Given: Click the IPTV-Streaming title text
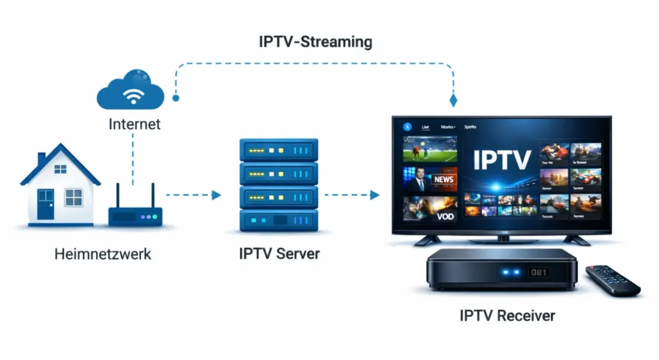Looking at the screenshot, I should (x=315, y=43).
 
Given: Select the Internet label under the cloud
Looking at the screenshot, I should (x=134, y=124).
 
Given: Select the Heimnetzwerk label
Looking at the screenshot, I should (x=103, y=254).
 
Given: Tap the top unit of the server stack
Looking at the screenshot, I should (x=278, y=151).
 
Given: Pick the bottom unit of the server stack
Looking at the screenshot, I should (x=278, y=220).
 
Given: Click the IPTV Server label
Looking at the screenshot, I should (x=279, y=254).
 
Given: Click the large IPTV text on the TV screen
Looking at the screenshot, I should (x=502, y=160).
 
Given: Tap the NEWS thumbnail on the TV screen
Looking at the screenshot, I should (x=430, y=179).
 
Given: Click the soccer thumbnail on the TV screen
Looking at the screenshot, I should (x=430, y=148).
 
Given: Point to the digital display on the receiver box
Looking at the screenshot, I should (x=538, y=272).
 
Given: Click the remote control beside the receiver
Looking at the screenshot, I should (x=613, y=281).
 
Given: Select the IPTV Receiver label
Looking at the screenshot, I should (x=507, y=316).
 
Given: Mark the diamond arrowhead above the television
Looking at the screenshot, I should (x=453, y=100).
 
